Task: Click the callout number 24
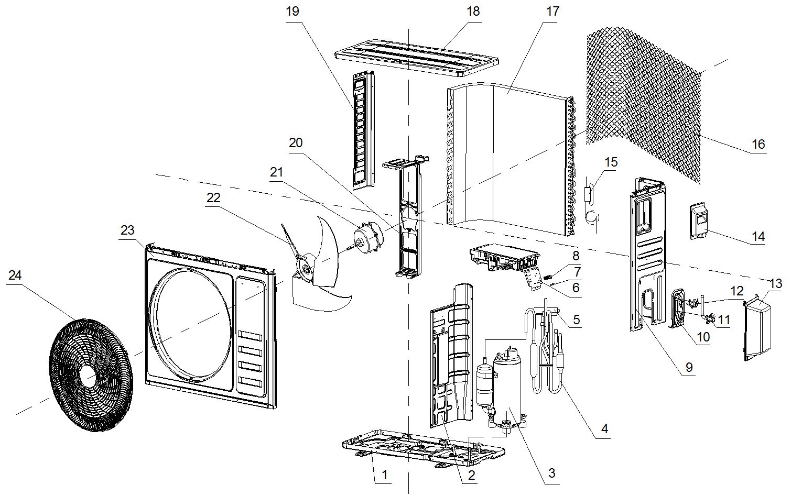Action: coord(15,275)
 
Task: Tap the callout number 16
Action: coord(758,144)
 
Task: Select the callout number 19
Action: coord(292,12)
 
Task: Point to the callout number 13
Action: coord(775,284)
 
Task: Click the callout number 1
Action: coord(384,475)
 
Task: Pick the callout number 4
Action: coord(604,429)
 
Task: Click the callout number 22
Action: coord(213,198)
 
